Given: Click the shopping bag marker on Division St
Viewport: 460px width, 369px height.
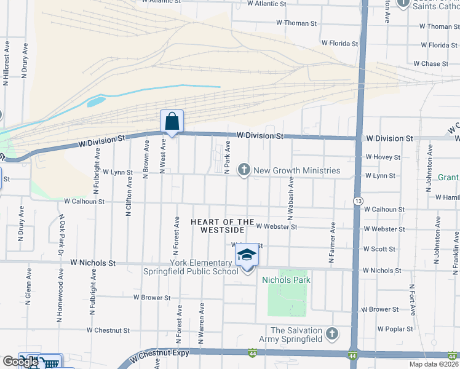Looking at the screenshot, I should click(x=172, y=121).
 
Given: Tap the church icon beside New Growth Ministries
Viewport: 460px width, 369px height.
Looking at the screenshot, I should click(x=244, y=170).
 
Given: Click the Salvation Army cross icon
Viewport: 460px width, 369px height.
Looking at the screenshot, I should click(x=332, y=334).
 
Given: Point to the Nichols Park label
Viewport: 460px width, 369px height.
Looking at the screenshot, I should click(x=286, y=280).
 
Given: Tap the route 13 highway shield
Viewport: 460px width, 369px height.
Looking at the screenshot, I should click(x=357, y=201).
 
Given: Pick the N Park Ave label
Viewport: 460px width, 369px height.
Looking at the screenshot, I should click(x=227, y=157).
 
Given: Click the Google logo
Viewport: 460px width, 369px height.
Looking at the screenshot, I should click(x=20, y=362).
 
